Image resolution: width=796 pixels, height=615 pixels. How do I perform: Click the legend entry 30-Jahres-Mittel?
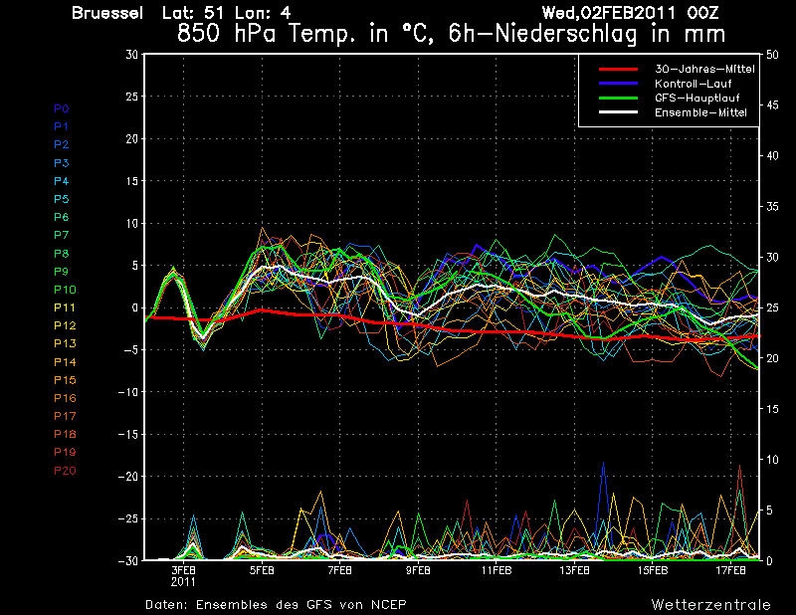704,69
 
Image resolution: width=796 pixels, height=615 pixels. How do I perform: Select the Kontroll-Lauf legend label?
693,84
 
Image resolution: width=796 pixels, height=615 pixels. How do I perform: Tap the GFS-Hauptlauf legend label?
697,98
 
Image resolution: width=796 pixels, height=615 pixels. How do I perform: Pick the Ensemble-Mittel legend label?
700,112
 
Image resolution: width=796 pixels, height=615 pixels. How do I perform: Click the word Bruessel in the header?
107,13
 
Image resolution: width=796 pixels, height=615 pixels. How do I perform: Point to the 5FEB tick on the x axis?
262,570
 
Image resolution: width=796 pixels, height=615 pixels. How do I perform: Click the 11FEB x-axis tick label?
496,570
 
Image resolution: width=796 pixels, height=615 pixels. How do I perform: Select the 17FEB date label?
730,570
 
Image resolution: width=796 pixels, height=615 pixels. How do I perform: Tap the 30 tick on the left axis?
132,54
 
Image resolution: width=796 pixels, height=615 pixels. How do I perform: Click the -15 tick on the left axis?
128,434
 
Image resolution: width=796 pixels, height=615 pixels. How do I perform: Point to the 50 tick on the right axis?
772,55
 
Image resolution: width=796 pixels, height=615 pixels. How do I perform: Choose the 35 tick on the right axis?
772,206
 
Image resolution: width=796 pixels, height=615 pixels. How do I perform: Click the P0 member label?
62,108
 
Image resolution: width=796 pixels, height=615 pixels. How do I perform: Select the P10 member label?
65,290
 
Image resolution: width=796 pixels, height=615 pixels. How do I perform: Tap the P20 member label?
65,471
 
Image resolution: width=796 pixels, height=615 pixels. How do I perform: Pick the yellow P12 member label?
65,325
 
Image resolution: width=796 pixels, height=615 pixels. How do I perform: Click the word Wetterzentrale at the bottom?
711,605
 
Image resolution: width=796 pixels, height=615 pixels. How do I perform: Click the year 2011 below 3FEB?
183,581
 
